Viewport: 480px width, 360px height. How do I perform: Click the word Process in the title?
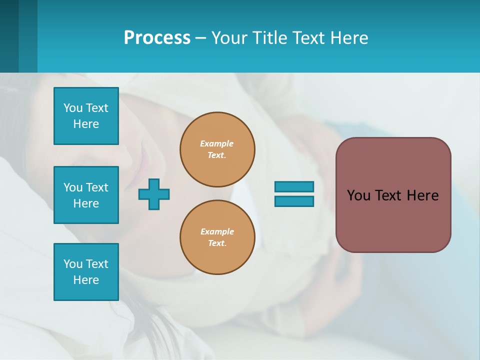[157, 38]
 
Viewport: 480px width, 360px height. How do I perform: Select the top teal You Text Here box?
[86, 116]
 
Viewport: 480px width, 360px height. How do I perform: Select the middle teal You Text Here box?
[86, 195]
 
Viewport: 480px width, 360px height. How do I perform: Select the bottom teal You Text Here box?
[86, 272]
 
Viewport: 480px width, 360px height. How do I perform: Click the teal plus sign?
[154, 194]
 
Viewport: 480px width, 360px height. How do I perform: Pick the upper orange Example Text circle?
[217, 149]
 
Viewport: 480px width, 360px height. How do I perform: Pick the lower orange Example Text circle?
[217, 237]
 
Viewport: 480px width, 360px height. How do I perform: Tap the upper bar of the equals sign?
[294, 186]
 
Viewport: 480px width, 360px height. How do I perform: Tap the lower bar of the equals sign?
[294, 201]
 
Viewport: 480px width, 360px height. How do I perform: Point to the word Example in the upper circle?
[216, 143]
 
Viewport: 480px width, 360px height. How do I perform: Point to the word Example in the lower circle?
[217, 231]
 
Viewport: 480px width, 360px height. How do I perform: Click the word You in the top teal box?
[73, 108]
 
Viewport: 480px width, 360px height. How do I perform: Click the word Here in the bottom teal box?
[86, 280]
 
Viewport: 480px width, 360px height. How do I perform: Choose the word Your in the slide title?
[229, 38]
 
